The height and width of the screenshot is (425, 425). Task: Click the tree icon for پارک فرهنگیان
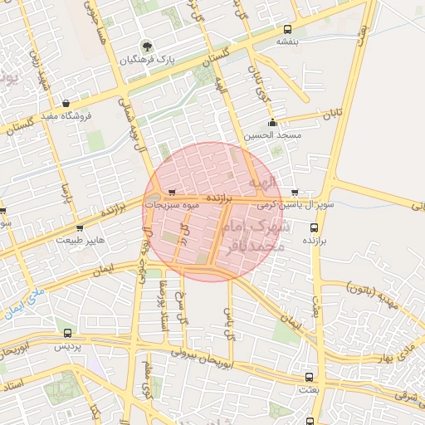[147, 46]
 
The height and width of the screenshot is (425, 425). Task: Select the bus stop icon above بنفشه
[287, 28]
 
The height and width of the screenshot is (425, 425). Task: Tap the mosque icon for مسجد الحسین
[272, 123]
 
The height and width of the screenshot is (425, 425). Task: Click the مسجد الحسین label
[272, 134]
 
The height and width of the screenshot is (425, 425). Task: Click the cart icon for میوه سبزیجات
[172, 192]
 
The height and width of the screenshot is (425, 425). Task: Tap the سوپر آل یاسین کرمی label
[296, 203]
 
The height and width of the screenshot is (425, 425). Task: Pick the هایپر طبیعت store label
[81, 240]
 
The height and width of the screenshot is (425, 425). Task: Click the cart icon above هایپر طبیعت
[80, 227]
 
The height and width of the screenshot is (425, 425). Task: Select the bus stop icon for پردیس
[68, 333]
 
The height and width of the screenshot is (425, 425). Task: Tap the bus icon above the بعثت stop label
[310, 376]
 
